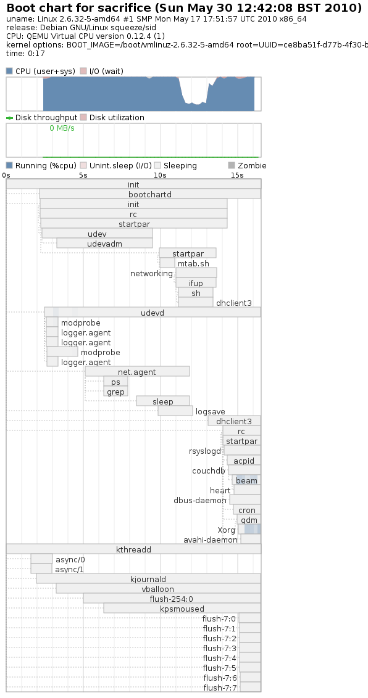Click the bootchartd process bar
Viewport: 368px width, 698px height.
click(x=149, y=194)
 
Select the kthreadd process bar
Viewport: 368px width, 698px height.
click(x=133, y=549)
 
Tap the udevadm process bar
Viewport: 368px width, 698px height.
click(x=104, y=244)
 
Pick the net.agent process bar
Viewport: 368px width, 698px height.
click(x=137, y=372)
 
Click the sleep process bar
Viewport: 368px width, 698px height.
click(x=162, y=401)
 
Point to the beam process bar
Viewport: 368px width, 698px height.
click(x=246, y=480)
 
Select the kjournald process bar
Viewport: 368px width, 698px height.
click(x=148, y=579)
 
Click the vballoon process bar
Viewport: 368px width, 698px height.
click(x=158, y=589)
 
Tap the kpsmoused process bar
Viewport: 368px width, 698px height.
click(x=182, y=609)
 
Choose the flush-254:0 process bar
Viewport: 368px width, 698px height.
click(x=172, y=599)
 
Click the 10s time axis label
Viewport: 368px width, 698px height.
click(x=160, y=175)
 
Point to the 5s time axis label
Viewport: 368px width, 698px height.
click(x=83, y=175)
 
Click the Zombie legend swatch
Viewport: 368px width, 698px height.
click(x=232, y=166)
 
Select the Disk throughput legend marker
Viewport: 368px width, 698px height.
click(x=9, y=118)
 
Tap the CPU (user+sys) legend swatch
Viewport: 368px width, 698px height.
click(x=9, y=72)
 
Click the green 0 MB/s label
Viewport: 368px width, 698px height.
click(x=62, y=128)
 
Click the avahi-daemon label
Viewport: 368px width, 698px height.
click(x=211, y=540)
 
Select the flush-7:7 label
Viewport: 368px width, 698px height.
click(x=220, y=688)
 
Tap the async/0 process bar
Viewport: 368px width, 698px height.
click(x=41, y=559)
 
